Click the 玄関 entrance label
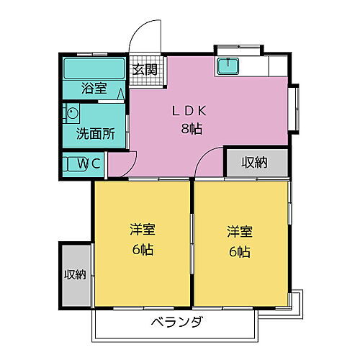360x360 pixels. tap(145, 70)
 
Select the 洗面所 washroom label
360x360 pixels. tap(95, 134)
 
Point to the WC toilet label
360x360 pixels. tap(91, 163)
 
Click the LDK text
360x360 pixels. tap(189, 112)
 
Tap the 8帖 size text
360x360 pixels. tap(189, 130)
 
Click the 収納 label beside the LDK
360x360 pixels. tap(254, 163)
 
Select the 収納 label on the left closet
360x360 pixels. tap(75, 274)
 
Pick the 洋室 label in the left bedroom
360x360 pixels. tap(142, 230)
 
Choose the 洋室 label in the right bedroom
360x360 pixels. tap(240, 232)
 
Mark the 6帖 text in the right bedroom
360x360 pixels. tap(240, 252)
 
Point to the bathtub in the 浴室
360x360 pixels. tap(94, 69)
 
